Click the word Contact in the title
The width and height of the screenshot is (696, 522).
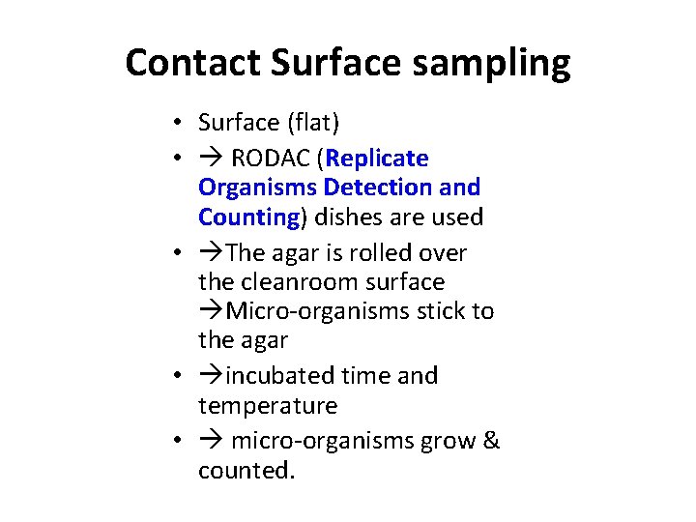(192, 64)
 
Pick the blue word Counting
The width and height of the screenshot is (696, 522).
(248, 217)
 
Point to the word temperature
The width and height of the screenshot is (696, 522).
(268, 406)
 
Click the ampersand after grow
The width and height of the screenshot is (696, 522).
(491, 441)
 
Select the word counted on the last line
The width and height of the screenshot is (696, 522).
(245, 471)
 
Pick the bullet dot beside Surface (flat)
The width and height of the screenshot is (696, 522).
(180, 123)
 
